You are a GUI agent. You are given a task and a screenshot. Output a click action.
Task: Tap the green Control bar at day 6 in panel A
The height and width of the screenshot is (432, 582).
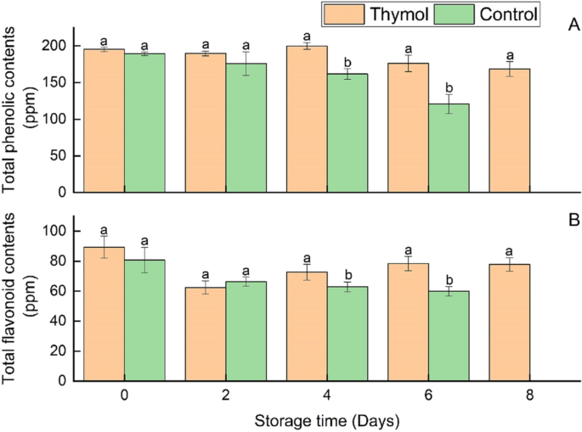pyautogui.click(x=446, y=148)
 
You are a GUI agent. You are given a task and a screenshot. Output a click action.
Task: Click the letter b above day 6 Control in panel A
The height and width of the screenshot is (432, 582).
pyautogui.click(x=450, y=87)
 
